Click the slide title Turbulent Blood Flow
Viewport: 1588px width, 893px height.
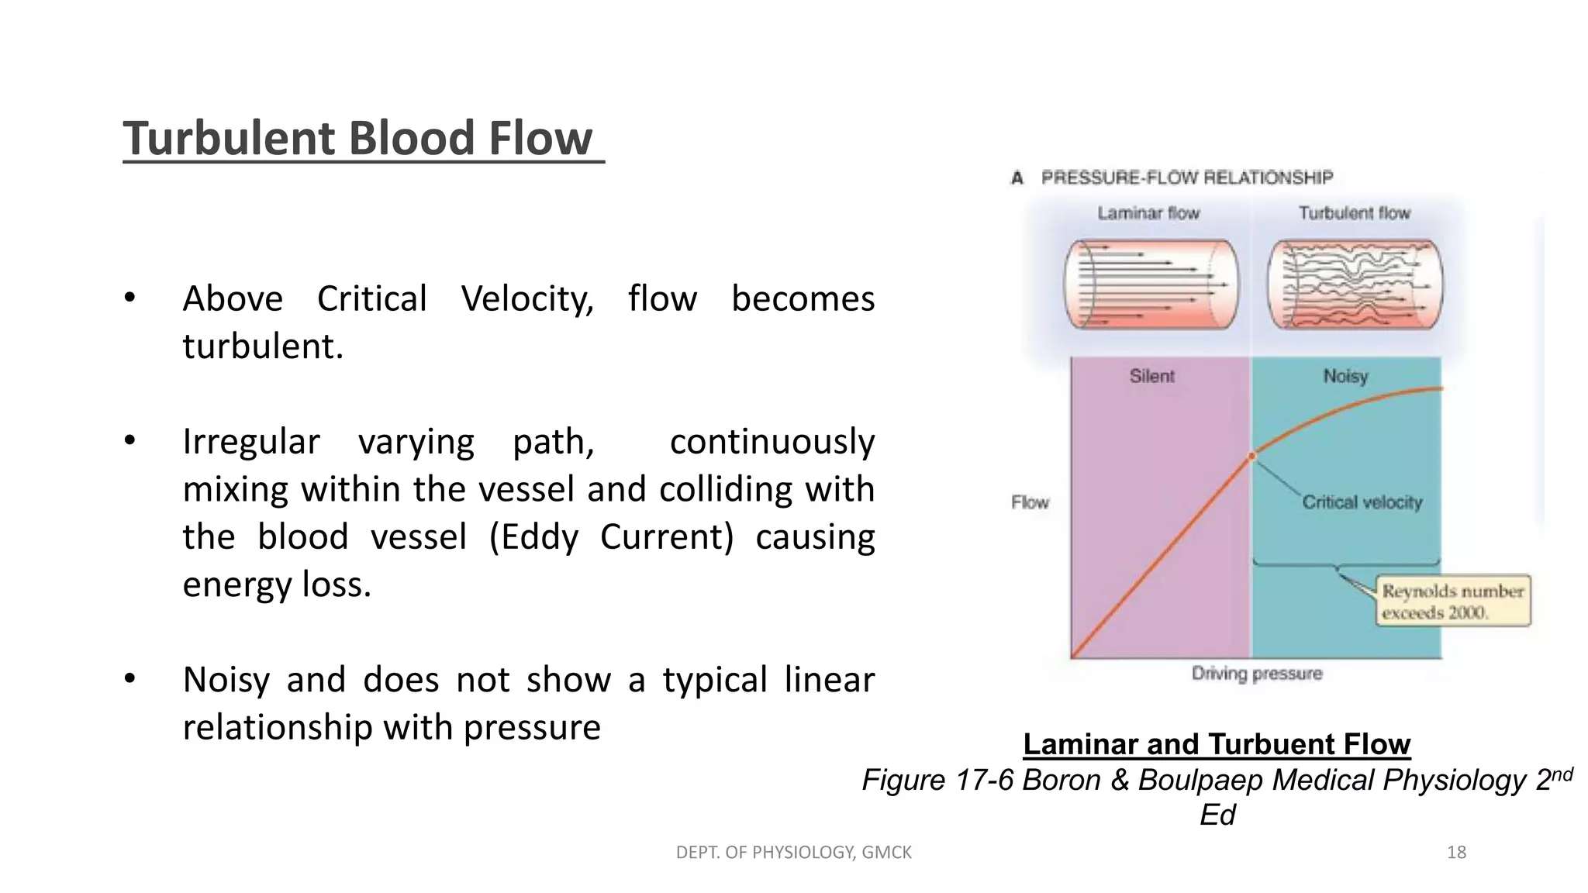(358, 139)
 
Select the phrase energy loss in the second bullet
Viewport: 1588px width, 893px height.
(277, 585)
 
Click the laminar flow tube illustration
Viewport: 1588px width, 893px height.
(1151, 284)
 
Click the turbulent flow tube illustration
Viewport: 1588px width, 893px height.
(1355, 284)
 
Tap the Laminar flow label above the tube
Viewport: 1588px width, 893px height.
(1148, 213)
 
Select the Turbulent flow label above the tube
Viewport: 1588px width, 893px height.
(1354, 213)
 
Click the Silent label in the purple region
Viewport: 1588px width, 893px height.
(1151, 377)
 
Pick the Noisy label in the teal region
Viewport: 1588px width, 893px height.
(1345, 377)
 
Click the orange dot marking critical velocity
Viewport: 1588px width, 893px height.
(1251, 457)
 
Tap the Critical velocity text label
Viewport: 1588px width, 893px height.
(1362, 502)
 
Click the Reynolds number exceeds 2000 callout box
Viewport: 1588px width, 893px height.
(1453, 602)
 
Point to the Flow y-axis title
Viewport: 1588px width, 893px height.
(1030, 502)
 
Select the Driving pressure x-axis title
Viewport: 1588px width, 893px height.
(1256, 673)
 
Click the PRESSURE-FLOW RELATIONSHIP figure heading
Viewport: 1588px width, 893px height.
(1186, 178)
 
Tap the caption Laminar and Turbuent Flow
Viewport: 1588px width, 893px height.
(1216, 744)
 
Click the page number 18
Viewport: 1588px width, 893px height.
(1456, 853)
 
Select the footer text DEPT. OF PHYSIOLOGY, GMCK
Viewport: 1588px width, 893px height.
(793, 853)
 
